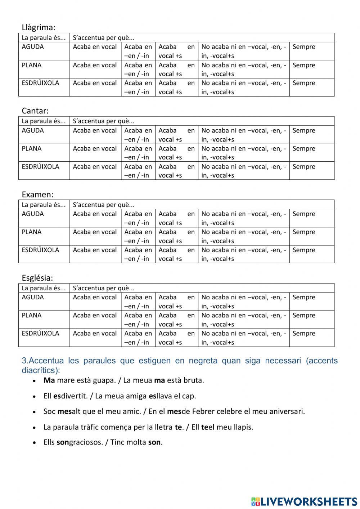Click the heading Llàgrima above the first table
tap(38, 27)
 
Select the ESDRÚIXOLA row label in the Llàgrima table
tap(40, 83)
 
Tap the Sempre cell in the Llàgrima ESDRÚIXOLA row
tap(304, 83)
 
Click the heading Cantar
tap(35, 111)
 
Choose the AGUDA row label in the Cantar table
tap(32, 130)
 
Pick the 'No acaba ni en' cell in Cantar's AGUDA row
tap(244, 135)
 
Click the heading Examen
tap(37, 195)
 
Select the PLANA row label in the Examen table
tap(32, 232)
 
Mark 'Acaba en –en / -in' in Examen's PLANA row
tap(138, 236)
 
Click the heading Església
tap(37, 278)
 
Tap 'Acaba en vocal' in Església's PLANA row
tap(95, 315)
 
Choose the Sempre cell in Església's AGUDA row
tap(304, 297)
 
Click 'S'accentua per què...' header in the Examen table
tap(104, 205)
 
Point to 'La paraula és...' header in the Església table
tap(44, 288)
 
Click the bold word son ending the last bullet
tap(154, 442)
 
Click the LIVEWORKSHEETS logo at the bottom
tap(304, 501)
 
